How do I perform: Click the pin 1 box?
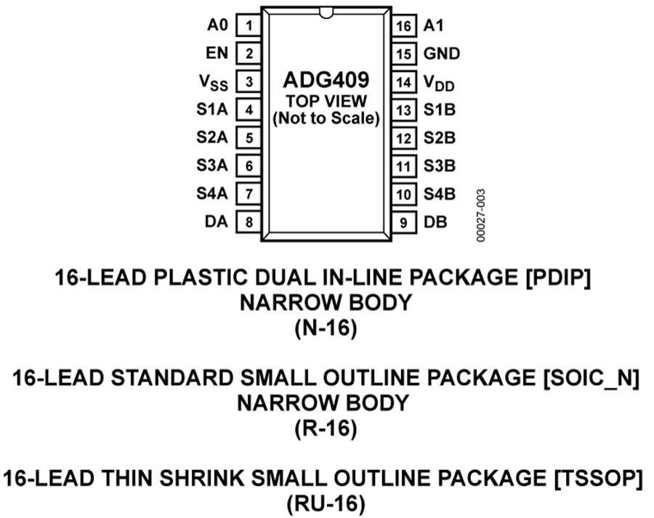pos(249,26)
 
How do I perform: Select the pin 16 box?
pos(404,26)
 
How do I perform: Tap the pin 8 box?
pos(249,222)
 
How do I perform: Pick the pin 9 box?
pos(404,222)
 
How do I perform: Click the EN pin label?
pos(217,53)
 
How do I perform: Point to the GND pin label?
pos(442,53)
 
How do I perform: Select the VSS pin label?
pos(214,83)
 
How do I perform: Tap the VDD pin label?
pos(439,83)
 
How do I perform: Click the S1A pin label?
pos(212,109)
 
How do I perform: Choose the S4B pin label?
pos(440,194)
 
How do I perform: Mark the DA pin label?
pos(217,222)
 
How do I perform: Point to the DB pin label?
pos(435,222)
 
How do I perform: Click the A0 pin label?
pos(218,25)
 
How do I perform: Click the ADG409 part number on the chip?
pos(326,80)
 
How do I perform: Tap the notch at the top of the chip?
pos(326,13)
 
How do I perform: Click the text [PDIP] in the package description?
pos(559,277)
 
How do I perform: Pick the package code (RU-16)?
pos(326,503)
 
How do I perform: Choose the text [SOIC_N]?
pos(592,378)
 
